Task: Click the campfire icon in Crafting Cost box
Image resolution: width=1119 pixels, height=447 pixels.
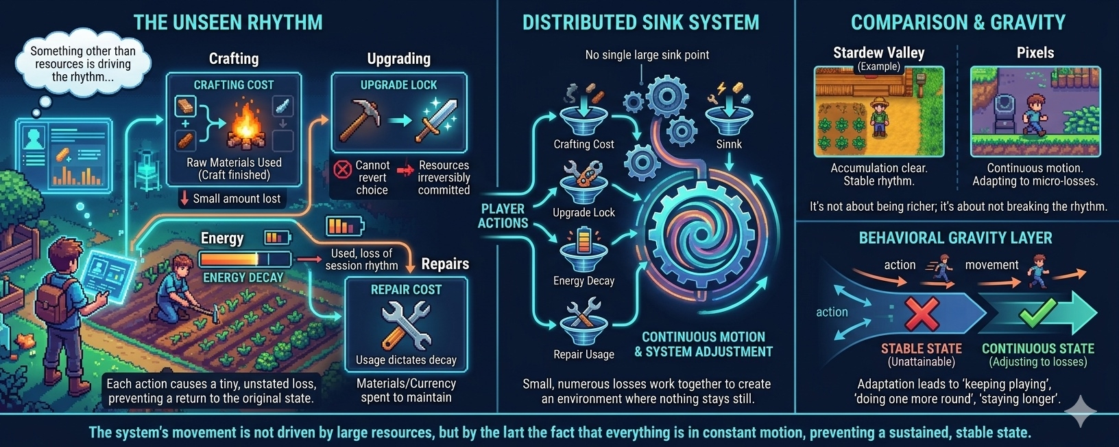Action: (246, 126)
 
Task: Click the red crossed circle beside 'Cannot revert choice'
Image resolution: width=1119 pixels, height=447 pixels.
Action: (342, 168)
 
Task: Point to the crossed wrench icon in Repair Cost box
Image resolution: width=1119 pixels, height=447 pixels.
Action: (406, 324)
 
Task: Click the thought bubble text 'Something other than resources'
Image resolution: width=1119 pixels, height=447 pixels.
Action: (82, 63)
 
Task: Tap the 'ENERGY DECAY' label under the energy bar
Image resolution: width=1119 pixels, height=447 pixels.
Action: (243, 277)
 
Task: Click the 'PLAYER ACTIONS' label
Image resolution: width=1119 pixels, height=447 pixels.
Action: (503, 216)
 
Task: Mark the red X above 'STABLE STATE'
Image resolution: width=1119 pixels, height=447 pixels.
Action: (922, 313)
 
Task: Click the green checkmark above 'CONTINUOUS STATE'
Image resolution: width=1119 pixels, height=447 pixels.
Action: (1037, 313)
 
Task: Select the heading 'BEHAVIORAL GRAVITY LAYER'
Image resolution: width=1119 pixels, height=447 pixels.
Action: (955, 238)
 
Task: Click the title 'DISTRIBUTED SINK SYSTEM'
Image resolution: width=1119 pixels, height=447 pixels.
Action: (640, 22)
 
